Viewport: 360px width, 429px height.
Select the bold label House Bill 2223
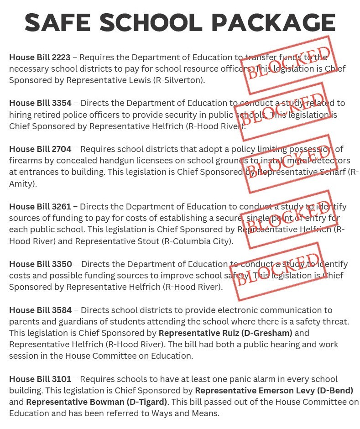coord(40,58)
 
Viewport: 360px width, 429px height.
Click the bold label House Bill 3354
coord(40,103)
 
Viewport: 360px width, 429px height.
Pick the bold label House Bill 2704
coord(40,149)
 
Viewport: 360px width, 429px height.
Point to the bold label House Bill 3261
coord(40,207)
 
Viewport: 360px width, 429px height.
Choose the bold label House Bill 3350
coord(40,264)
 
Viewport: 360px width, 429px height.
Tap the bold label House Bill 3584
coord(40,310)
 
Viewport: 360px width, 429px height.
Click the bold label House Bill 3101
coord(40,379)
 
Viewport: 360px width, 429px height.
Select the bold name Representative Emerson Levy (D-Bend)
coord(274,391)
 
